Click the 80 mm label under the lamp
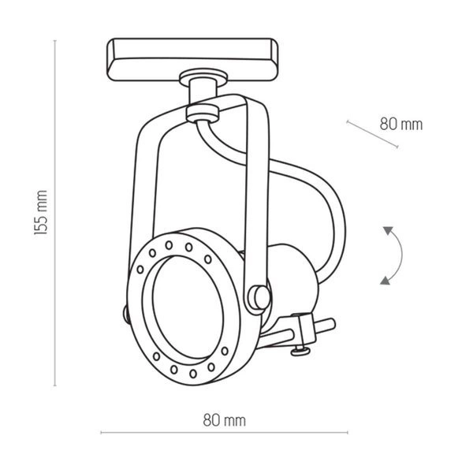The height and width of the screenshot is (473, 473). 224,420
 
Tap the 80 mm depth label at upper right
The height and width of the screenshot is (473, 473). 400,124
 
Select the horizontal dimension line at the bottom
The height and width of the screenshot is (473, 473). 158,433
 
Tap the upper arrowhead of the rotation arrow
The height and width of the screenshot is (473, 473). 388,230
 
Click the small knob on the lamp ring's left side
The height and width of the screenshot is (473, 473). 128,313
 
